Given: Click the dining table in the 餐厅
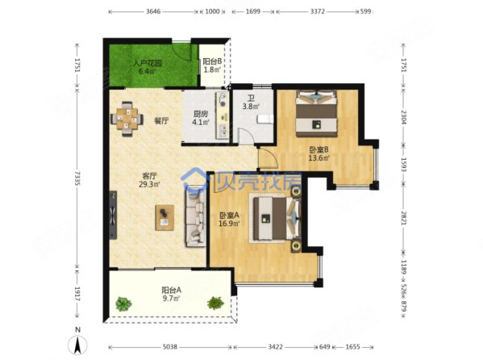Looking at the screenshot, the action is click(x=127, y=119).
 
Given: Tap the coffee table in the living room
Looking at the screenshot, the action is click(x=164, y=217).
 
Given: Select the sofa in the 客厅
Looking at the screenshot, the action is click(x=196, y=216).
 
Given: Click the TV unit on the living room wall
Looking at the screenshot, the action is click(x=113, y=215).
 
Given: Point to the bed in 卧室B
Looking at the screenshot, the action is click(x=316, y=113).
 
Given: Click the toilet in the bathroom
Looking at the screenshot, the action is click(x=264, y=119).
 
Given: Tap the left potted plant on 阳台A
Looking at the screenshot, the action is click(x=124, y=303).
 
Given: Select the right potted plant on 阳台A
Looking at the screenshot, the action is click(x=215, y=303).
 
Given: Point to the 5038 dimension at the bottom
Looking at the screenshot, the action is click(x=169, y=347).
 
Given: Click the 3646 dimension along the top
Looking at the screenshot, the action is click(x=153, y=11).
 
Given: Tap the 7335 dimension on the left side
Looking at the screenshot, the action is click(x=77, y=178).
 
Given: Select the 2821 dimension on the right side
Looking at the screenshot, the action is click(x=403, y=217).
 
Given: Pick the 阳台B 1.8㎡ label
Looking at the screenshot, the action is click(x=212, y=65).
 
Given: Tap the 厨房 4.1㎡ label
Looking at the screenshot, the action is click(x=201, y=118).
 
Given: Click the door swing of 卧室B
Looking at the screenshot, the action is click(x=268, y=158).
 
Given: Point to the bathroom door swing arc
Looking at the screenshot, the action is click(x=247, y=136).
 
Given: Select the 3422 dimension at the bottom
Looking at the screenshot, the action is click(x=275, y=347).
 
